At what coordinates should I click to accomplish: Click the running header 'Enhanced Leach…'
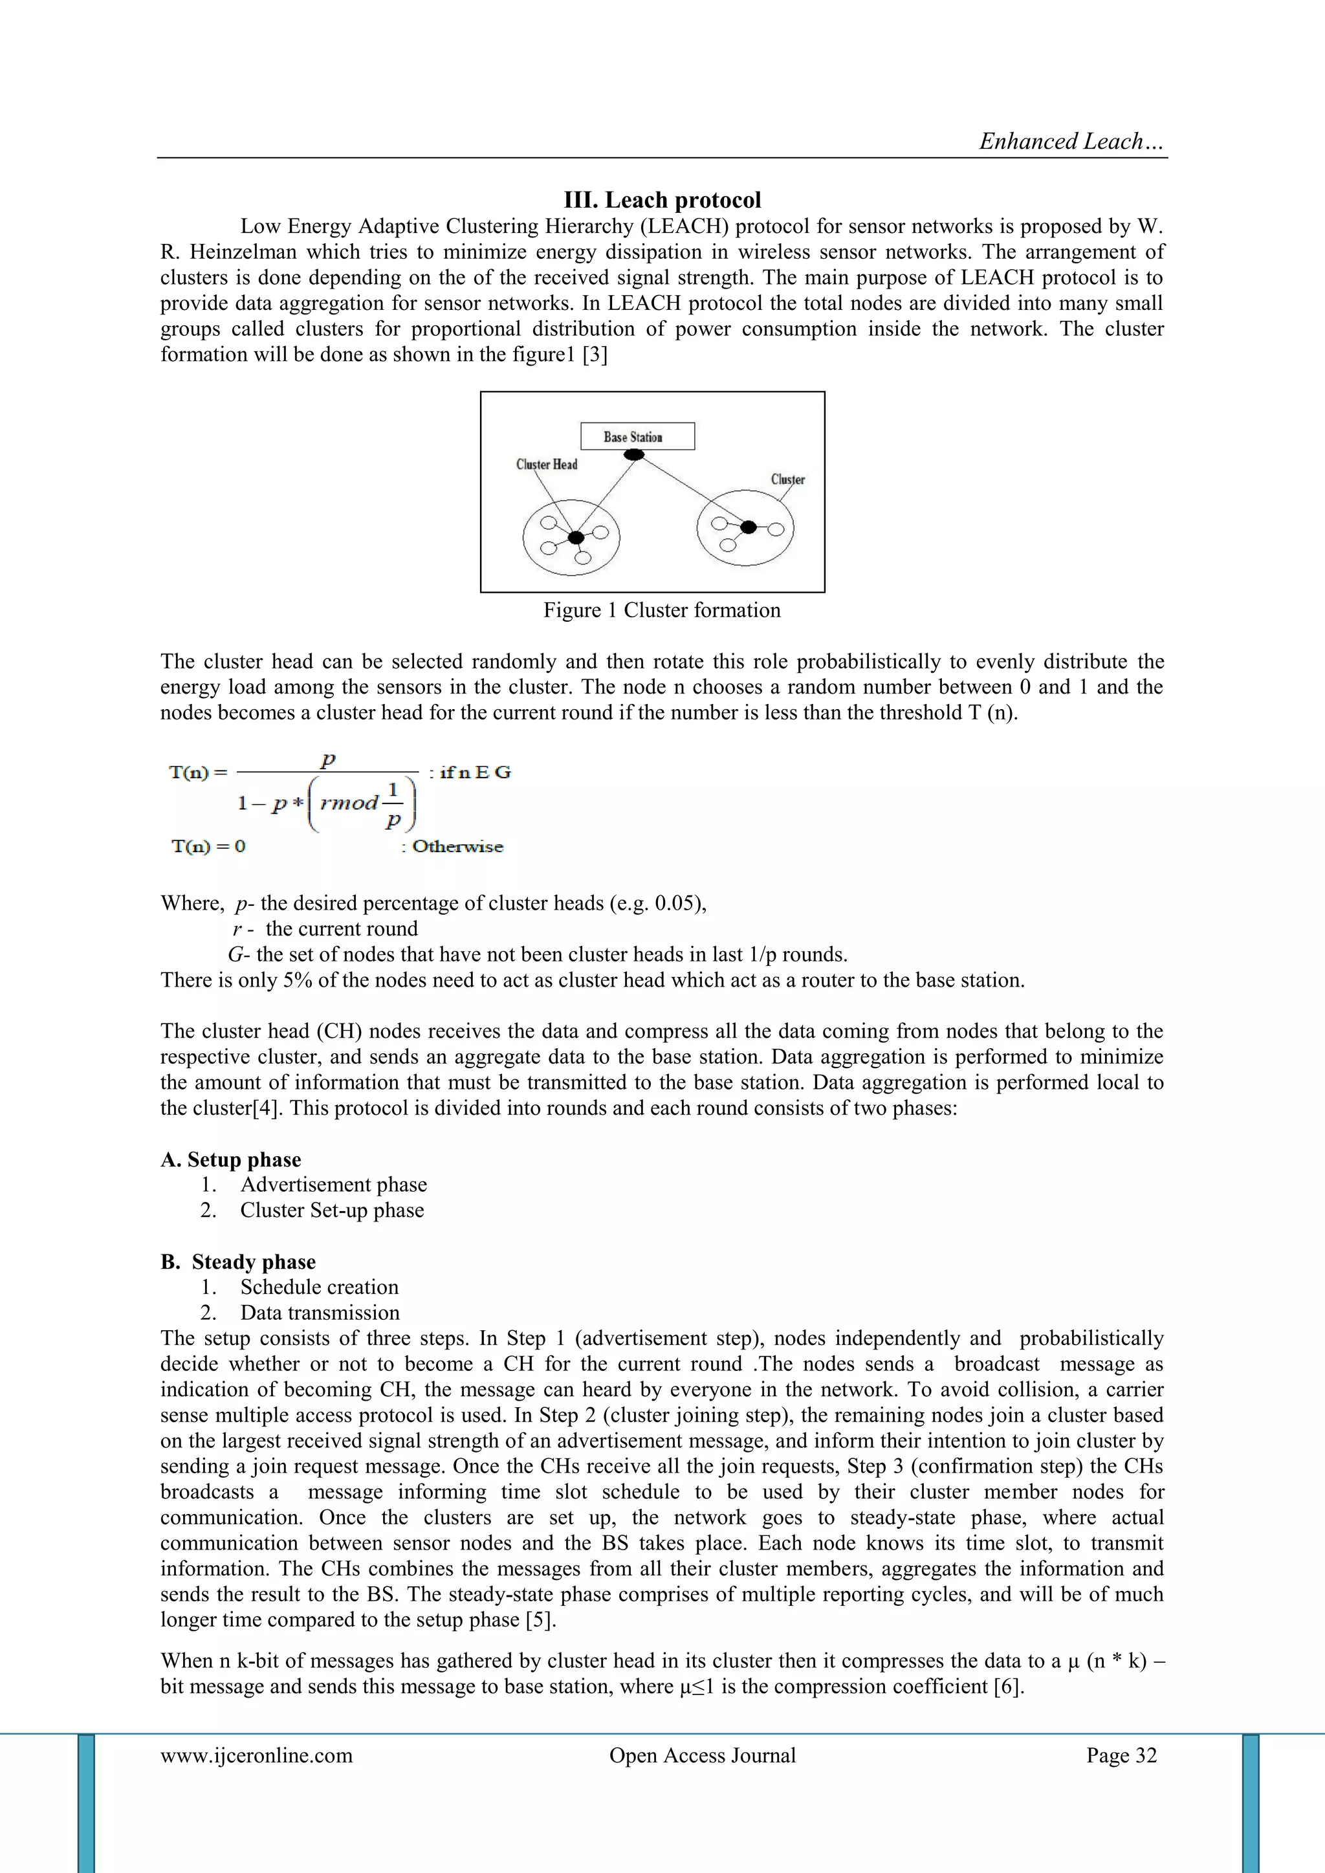(x=1071, y=142)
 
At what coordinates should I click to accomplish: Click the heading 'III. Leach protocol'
(x=662, y=200)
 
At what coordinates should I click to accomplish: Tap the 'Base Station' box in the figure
(x=637, y=437)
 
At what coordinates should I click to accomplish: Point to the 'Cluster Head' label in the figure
(x=546, y=464)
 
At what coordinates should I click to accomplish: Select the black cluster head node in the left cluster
(x=576, y=538)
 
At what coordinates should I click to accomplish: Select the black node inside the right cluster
(x=748, y=527)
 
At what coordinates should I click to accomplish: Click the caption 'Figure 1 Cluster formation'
(x=662, y=610)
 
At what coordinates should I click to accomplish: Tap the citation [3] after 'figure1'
(x=594, y=355)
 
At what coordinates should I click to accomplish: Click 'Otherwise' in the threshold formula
(x=457, y=846)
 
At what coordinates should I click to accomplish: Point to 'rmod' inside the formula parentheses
(x=349, y=803)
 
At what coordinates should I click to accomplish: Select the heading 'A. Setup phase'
(x=231, y=1159)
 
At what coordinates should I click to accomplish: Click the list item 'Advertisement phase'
(x=333, y=1185)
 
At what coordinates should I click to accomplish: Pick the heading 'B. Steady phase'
(x=238, y=1262)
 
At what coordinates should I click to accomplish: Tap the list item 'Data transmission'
(x=320, y=1313)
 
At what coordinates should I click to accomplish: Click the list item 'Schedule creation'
(x=319, y=1287)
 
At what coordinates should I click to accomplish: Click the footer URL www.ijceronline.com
(x=257, y=1755)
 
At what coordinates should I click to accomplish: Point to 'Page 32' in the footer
(x=1121, y=1755)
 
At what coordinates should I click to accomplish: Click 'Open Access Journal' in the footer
(x=702, y=1755)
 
